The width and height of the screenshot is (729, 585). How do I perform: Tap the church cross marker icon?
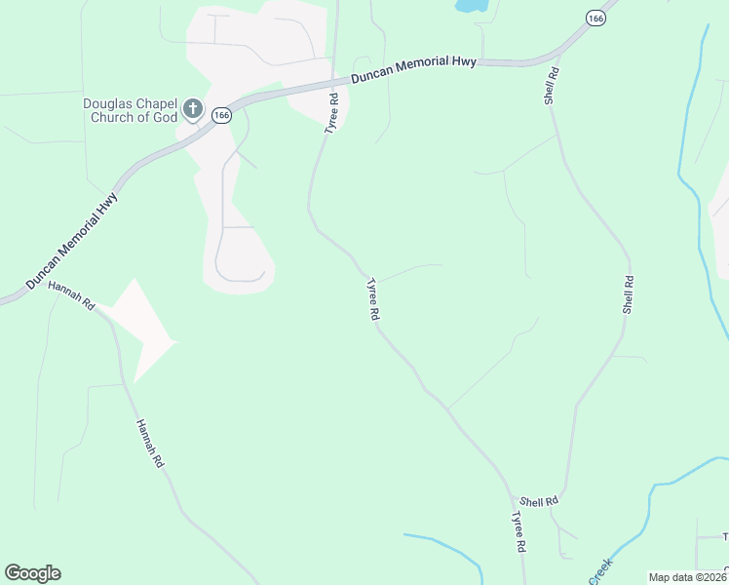193,108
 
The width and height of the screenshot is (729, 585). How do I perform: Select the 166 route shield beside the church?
222,115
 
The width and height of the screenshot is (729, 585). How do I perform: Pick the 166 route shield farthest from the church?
595,19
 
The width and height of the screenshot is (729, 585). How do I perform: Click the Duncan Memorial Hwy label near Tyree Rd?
414,69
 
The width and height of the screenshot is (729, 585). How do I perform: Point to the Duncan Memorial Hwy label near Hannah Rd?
72,239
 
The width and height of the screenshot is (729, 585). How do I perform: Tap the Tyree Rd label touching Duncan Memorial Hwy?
332,113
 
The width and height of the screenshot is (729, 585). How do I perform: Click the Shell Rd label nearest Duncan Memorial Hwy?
553,86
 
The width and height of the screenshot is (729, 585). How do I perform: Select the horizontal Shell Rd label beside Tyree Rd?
538,500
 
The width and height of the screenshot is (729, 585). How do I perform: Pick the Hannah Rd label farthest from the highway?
149,444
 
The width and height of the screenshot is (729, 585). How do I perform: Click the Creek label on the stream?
601,570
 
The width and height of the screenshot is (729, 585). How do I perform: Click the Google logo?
32,572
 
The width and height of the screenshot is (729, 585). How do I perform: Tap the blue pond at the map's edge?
472,5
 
